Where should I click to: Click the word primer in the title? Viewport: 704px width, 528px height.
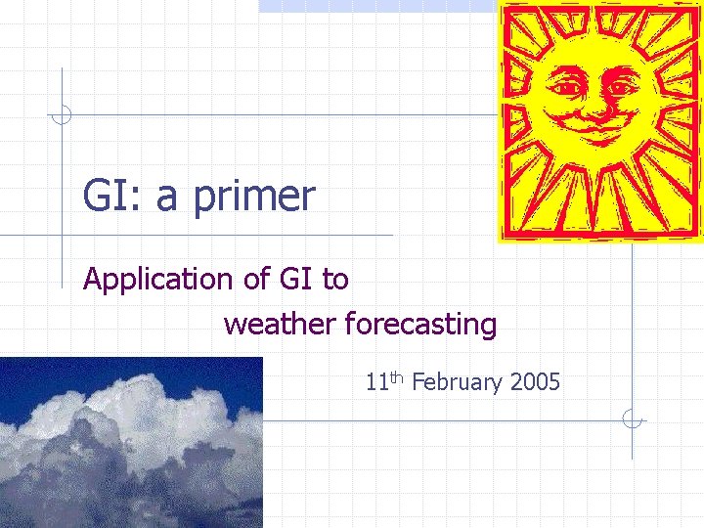point(254,198)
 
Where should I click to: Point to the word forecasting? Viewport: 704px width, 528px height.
point(420,325)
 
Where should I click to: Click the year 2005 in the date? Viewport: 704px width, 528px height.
point(535,382)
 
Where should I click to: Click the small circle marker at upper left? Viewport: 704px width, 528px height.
point(62,115)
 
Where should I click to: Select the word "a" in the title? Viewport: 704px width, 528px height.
point(167,198)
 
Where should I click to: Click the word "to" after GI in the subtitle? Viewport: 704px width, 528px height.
point(335,281)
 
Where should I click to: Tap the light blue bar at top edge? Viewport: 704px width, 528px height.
point(376,5)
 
